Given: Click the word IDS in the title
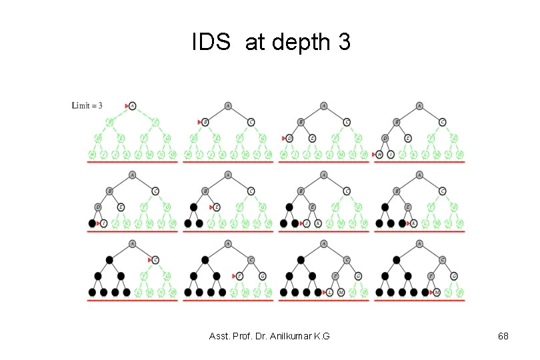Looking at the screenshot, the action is coord(212,43).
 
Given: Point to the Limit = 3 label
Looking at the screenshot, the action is coord(87,105).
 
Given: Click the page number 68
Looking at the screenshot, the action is coord(503,336).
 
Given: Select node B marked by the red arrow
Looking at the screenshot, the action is coord(206,122).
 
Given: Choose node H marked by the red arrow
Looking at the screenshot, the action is coord(379,154).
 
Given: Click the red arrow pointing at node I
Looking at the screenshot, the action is coord(99,223).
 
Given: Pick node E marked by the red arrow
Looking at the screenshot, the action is coord(217,207).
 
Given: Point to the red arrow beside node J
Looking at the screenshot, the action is coord(301,223).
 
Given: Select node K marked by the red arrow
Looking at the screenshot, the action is coord(414,223).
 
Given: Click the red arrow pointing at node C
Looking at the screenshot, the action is coord(150,259).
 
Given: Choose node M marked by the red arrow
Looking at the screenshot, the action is coord(437,292).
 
